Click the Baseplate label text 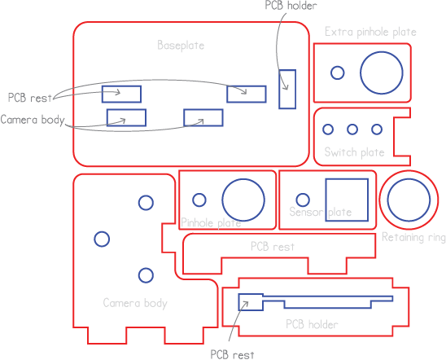point(181,46)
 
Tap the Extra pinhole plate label point(370,32)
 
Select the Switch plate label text point(354,152)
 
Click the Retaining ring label point(413,237)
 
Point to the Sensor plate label point(321,212)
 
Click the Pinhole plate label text point(211,223)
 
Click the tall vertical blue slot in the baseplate point(279,89)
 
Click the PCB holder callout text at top point(291,6)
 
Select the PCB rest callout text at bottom point(233,355)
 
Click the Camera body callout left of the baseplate point(33,120)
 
